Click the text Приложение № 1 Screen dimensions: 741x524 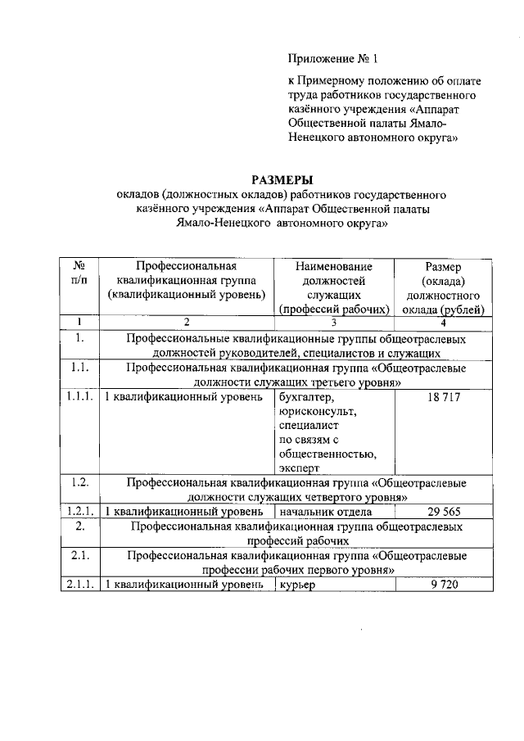(x=333, y=59)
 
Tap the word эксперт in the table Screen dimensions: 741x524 (x=300, y=469)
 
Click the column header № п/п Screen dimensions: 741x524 (x=79, y=273)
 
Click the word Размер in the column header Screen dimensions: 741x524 (x=443, y=266)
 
